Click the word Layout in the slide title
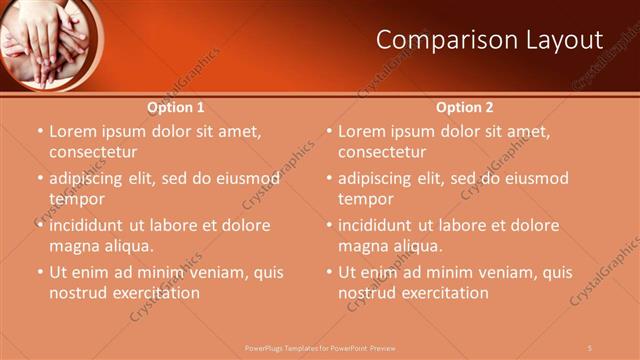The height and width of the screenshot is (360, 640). point(565,41)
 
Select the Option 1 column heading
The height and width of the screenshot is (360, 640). point(176,107)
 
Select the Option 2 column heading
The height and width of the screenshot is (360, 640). point(465,107)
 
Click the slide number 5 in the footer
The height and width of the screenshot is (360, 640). point(590,347)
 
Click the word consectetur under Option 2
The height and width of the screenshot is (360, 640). point(381,152)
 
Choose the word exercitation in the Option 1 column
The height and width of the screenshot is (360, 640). point(156,293)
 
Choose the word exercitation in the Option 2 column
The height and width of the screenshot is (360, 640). point(445,293)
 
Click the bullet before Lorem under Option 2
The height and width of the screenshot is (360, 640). point(329,132)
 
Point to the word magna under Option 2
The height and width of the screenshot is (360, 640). point(361,246)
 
